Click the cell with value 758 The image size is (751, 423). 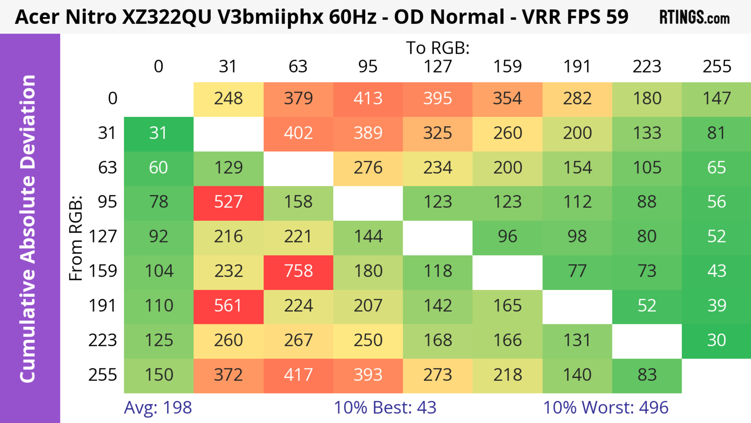(x=298, y=271)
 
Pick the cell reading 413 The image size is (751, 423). (x=368, y=98)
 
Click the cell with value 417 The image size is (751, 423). (x=298, y=375)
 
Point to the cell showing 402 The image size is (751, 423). (x=298, y=133)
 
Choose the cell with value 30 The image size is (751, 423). (x=716, y=340)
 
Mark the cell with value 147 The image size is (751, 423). (x=716, y=98)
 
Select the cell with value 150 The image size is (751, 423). (x=159, y=375)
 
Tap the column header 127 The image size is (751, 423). (x=438, y=67)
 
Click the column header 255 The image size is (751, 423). (x=717, y=67)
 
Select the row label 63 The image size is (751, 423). (x=107, y=167)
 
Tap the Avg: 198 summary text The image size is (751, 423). (x=158, y=408)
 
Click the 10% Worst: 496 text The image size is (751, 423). (x=605, y=408)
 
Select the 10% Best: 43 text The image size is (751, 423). (x=385, y=408)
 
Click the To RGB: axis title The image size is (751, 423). (x=438, y=48)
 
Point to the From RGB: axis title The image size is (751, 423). (x=76, y=238)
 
